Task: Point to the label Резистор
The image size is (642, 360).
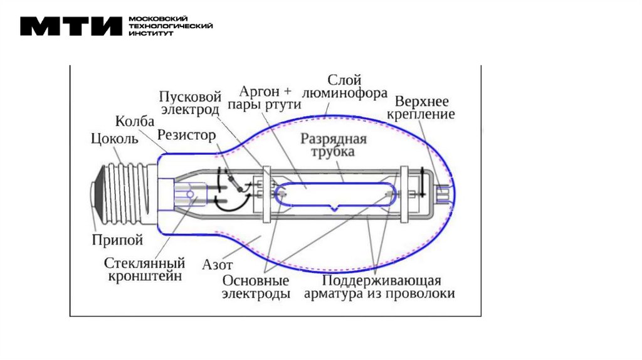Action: coord(186,135)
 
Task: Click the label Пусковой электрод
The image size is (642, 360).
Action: coord(189,103)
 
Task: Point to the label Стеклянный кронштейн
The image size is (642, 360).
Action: coord(144,268)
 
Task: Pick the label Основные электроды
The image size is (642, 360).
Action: coord(255,287)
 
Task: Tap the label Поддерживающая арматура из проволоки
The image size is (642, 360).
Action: coord(379,287)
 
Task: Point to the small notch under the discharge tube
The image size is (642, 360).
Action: coord(337,208)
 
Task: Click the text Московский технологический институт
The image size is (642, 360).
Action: coord(170,26)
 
